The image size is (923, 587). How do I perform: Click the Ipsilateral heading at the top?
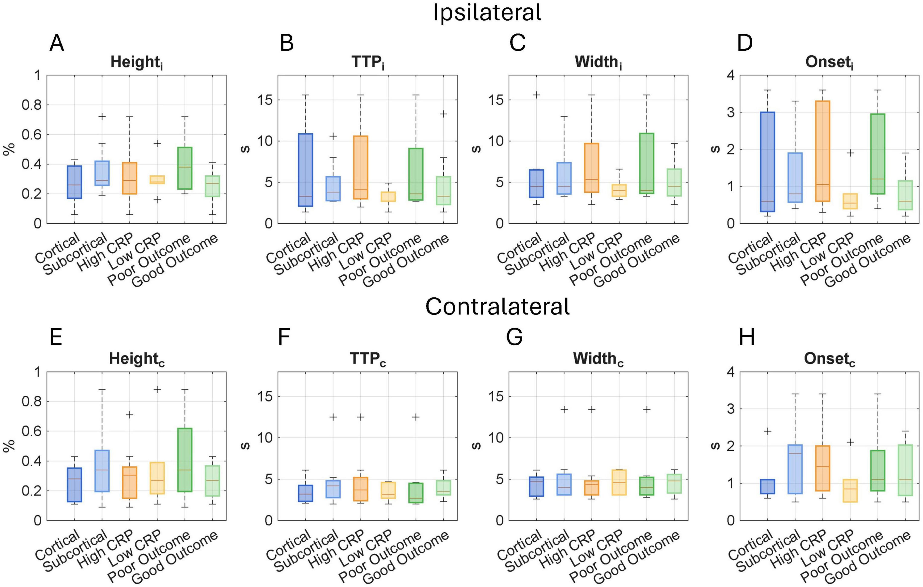click(487, 13)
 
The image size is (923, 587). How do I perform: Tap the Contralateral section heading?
click(498, 307)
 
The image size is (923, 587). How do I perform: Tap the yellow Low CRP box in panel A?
click(157, 180)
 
